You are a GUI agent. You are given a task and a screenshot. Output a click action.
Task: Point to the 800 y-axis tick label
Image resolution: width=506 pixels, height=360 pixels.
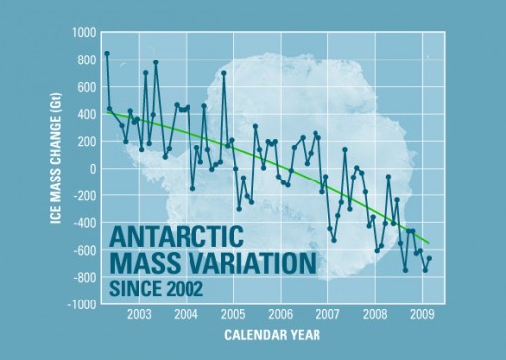[x=84, y=60]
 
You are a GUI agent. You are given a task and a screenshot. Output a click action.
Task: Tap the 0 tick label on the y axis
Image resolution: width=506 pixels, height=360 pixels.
[x=91, y=169]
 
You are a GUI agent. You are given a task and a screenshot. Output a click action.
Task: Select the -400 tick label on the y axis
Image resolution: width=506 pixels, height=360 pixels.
[x=82, y=223]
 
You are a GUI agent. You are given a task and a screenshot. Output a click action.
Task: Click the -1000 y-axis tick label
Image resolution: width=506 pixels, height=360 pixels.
[x=80, y=304]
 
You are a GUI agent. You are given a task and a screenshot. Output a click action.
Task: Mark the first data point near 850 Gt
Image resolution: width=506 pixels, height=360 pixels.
[x=107, y=53]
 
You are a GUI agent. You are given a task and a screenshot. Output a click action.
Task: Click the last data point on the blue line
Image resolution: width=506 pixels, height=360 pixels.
[x=429, y=259]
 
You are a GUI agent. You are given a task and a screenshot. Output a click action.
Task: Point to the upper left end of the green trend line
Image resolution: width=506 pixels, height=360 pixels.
[x=106, y=112]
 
